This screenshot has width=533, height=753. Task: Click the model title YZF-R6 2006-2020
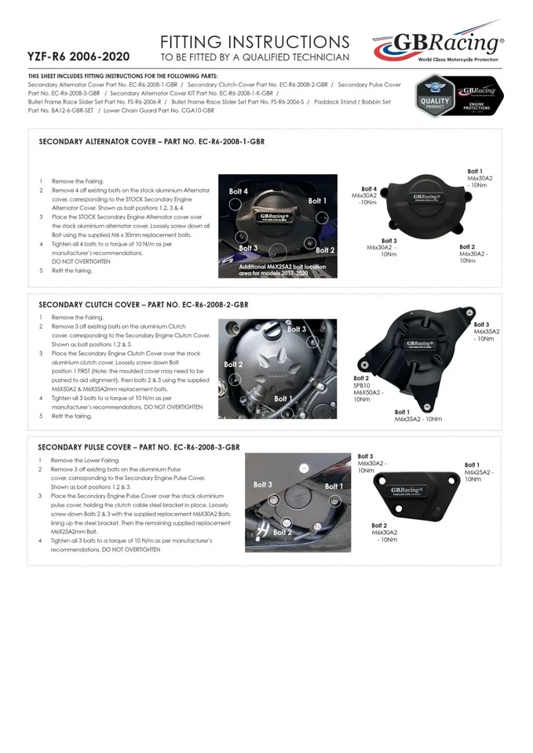(78, 57)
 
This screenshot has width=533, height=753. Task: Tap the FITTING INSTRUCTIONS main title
(254, 42)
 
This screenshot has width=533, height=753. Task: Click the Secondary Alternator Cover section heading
(152, 142)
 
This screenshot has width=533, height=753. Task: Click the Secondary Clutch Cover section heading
(144, 304)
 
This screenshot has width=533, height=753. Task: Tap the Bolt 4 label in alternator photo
(239, 191)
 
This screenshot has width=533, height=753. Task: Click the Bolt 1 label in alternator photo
(317, 201)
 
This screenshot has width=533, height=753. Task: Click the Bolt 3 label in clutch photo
(297, 329)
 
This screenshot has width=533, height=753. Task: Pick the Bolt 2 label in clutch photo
(233, 365)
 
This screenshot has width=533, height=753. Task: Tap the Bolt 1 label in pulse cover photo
(334, 486)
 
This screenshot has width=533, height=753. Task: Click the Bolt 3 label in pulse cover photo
(263, 485)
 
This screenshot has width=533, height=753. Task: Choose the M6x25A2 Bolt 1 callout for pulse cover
(479, 472)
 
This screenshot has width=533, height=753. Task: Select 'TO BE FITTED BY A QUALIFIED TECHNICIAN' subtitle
(254, 58)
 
